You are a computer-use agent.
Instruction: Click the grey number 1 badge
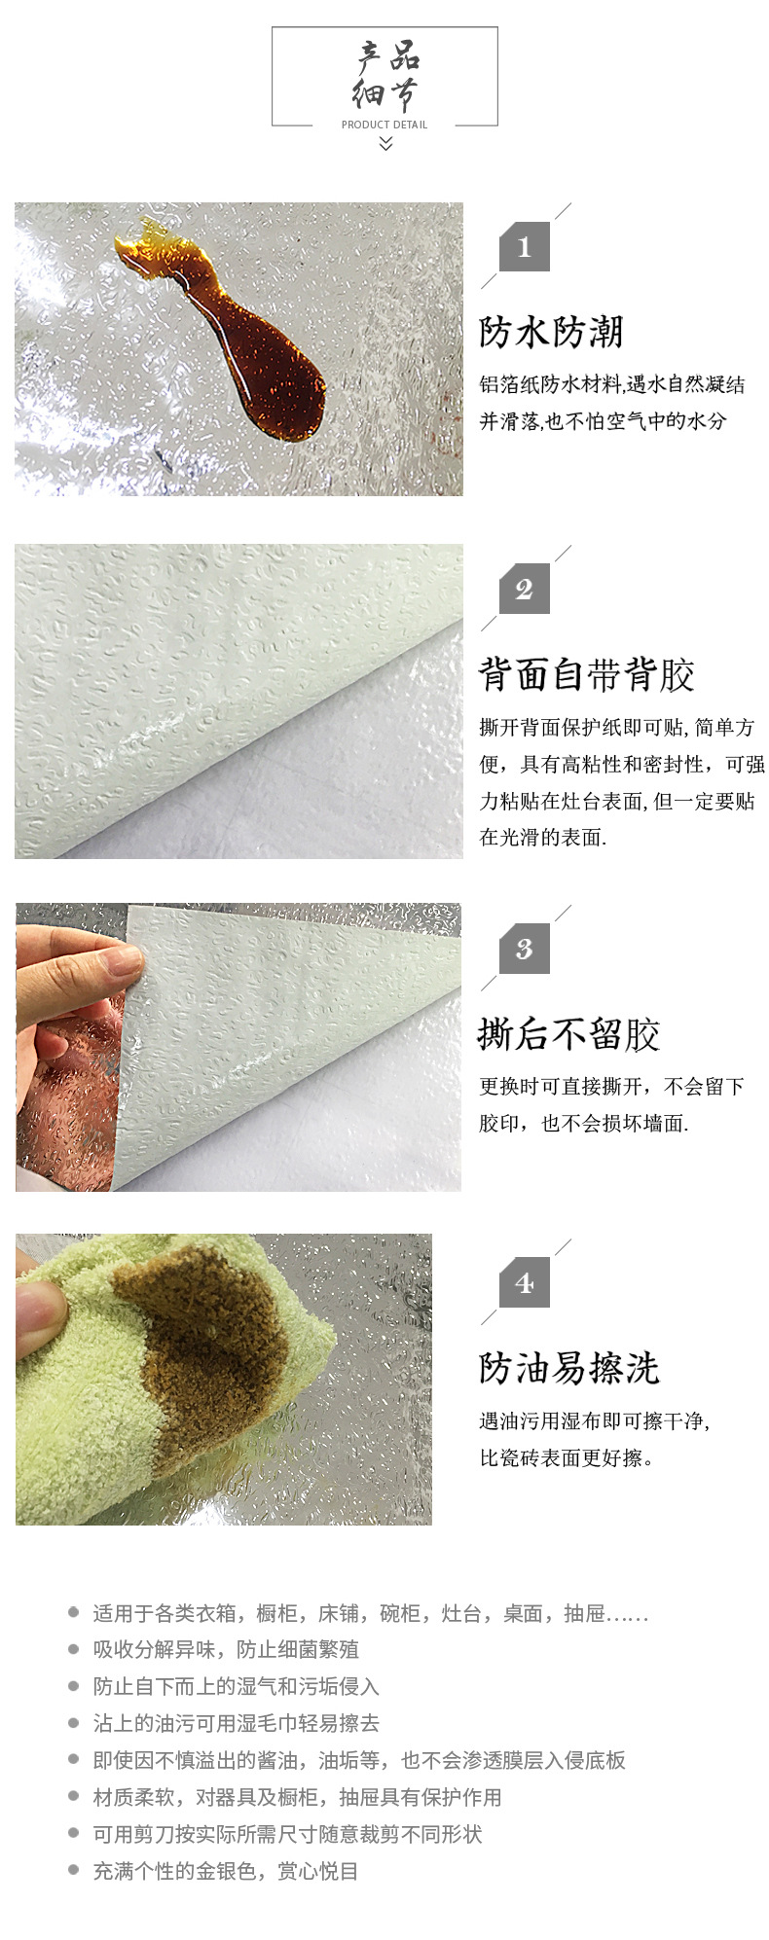pyautogui.click(x=525, y=247)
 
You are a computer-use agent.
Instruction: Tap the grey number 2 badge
pyautogui.click(x=525, y=589)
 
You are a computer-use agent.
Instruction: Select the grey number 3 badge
pyautogui.click(x=525, y=949)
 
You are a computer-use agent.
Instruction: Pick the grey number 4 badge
pyautogui.click(x=525, y=1283)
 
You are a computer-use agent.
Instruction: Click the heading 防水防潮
pyautogui.click(x=551, y=333)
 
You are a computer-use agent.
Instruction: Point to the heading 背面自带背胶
pyautogui.click(x=587, y=674)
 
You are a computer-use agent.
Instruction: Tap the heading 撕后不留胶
pyautogui.click(x=569, y=1034)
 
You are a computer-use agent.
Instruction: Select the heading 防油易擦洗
pyautogui.click(x=569, y=1369)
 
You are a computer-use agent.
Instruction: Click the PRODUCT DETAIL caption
pyautogui.click(x=384, y=125)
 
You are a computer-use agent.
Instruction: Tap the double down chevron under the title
pyautogui.click(x=385, y=144)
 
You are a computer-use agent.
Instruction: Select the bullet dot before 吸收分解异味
pyautogui.click(x=73, y=1649)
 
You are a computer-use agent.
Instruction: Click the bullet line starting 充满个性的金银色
pyautogui.click(x=226, y=1871)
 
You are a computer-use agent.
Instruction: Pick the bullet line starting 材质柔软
pyautogui.click(x=297, y=1797)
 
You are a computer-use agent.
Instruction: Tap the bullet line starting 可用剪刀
pyautogui.click(x=287, y=1834)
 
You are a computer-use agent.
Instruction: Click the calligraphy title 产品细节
pyautogui.click(x=385, y=76)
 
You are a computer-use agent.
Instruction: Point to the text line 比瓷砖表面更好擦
pyautogui.click(x=567, y=1457)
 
